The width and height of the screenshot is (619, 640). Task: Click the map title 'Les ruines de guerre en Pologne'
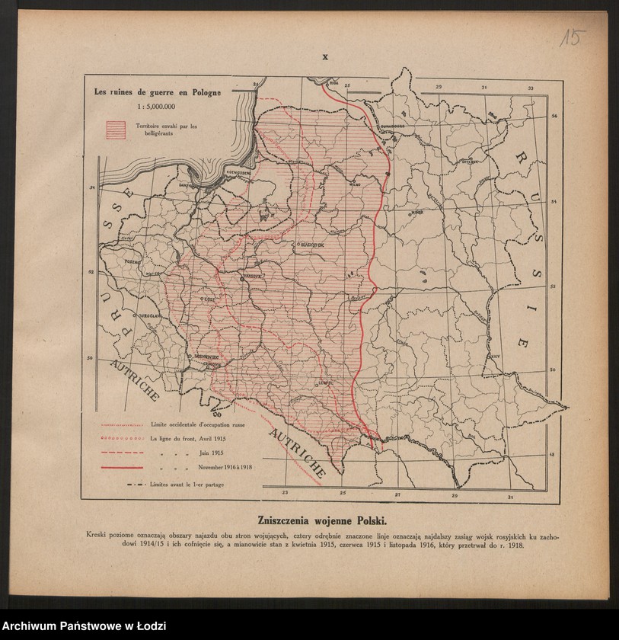click(158, 92)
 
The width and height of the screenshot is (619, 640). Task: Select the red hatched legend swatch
click(116, 130)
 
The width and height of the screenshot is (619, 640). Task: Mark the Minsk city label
click(416, 213)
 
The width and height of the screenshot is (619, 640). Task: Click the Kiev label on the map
click(495, 355)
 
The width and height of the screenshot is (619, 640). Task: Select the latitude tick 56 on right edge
click(554, 116)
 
